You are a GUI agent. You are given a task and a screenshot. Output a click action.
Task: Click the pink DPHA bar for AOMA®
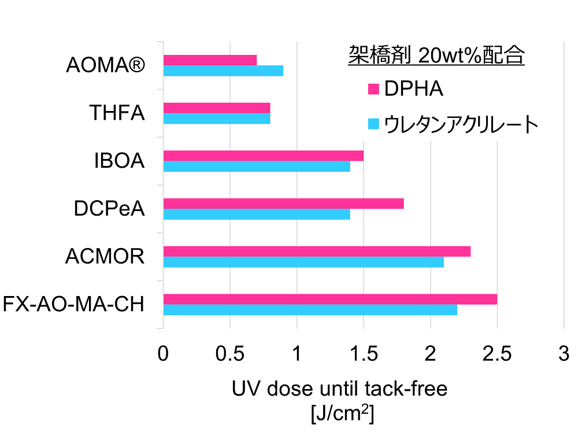[x=210, y=60]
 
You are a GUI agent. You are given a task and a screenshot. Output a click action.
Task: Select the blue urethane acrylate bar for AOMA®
[x=223, y=71]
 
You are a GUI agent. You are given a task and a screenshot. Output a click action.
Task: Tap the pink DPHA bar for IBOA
[x=264, y=156]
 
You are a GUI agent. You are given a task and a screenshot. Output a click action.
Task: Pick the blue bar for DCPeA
[x=257, y=215]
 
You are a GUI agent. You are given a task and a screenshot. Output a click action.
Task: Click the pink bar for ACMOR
[x=317, y=252]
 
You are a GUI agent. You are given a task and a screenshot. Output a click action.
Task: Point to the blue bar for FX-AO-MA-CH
[x=310, y=310]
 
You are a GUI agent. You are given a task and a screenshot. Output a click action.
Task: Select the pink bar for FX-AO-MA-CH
[x=330, y=299]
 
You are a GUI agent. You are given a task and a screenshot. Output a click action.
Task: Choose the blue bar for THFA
[x=217, y=119]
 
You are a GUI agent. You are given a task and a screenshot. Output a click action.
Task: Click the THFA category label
[x=117, y=113]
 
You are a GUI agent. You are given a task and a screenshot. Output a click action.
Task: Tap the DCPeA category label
[x=109, y=209]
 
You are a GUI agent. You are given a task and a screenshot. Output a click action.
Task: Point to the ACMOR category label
[x=105, y=257]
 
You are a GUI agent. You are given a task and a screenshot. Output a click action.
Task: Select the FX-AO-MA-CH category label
[x=73, y=304]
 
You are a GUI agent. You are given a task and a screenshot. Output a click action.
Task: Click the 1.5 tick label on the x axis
[x=363, y=354]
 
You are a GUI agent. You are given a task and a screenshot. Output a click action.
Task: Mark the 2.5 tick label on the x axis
[x=497, y=354]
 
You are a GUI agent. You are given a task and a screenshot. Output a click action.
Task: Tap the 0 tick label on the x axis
[x=163, y=354]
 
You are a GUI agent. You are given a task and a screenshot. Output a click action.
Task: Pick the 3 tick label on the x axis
[x=564, y=354]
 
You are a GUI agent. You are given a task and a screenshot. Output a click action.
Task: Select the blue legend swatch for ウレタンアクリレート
[x=373, y=124]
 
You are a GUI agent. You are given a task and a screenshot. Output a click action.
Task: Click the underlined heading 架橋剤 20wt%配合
[x=436, y=56]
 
